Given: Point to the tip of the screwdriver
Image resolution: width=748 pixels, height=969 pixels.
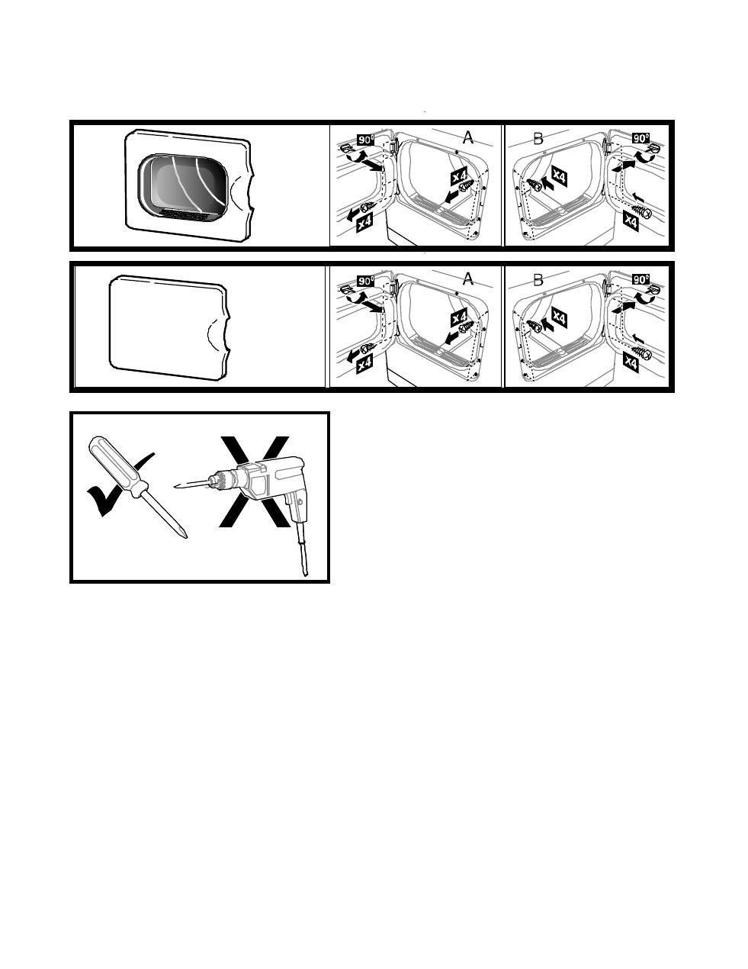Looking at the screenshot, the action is coord(186,537).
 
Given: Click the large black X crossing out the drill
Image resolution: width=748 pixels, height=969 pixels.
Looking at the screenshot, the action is coord(255,481).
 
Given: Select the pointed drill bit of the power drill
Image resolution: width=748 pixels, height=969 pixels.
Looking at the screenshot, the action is coord(191,484).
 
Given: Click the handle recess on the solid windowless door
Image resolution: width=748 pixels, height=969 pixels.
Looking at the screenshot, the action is coord(219,333).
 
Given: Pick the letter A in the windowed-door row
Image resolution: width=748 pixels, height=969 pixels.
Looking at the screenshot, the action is coord(467,137).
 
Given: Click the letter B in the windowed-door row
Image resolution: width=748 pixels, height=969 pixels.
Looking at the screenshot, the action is coord(538,138).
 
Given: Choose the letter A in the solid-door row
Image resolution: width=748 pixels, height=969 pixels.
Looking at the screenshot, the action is coord(467,278).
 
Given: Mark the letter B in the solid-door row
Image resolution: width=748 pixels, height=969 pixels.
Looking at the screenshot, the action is coord(538,280).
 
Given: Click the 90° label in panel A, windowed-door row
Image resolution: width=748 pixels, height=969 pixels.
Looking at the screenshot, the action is coord(366,140).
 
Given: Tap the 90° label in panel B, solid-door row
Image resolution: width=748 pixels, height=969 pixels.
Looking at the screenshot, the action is coord(641,279).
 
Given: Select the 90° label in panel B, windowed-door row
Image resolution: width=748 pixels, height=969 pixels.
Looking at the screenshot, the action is coord(641,138).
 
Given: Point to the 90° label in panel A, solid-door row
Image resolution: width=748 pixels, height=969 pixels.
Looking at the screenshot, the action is coord(366,281).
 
